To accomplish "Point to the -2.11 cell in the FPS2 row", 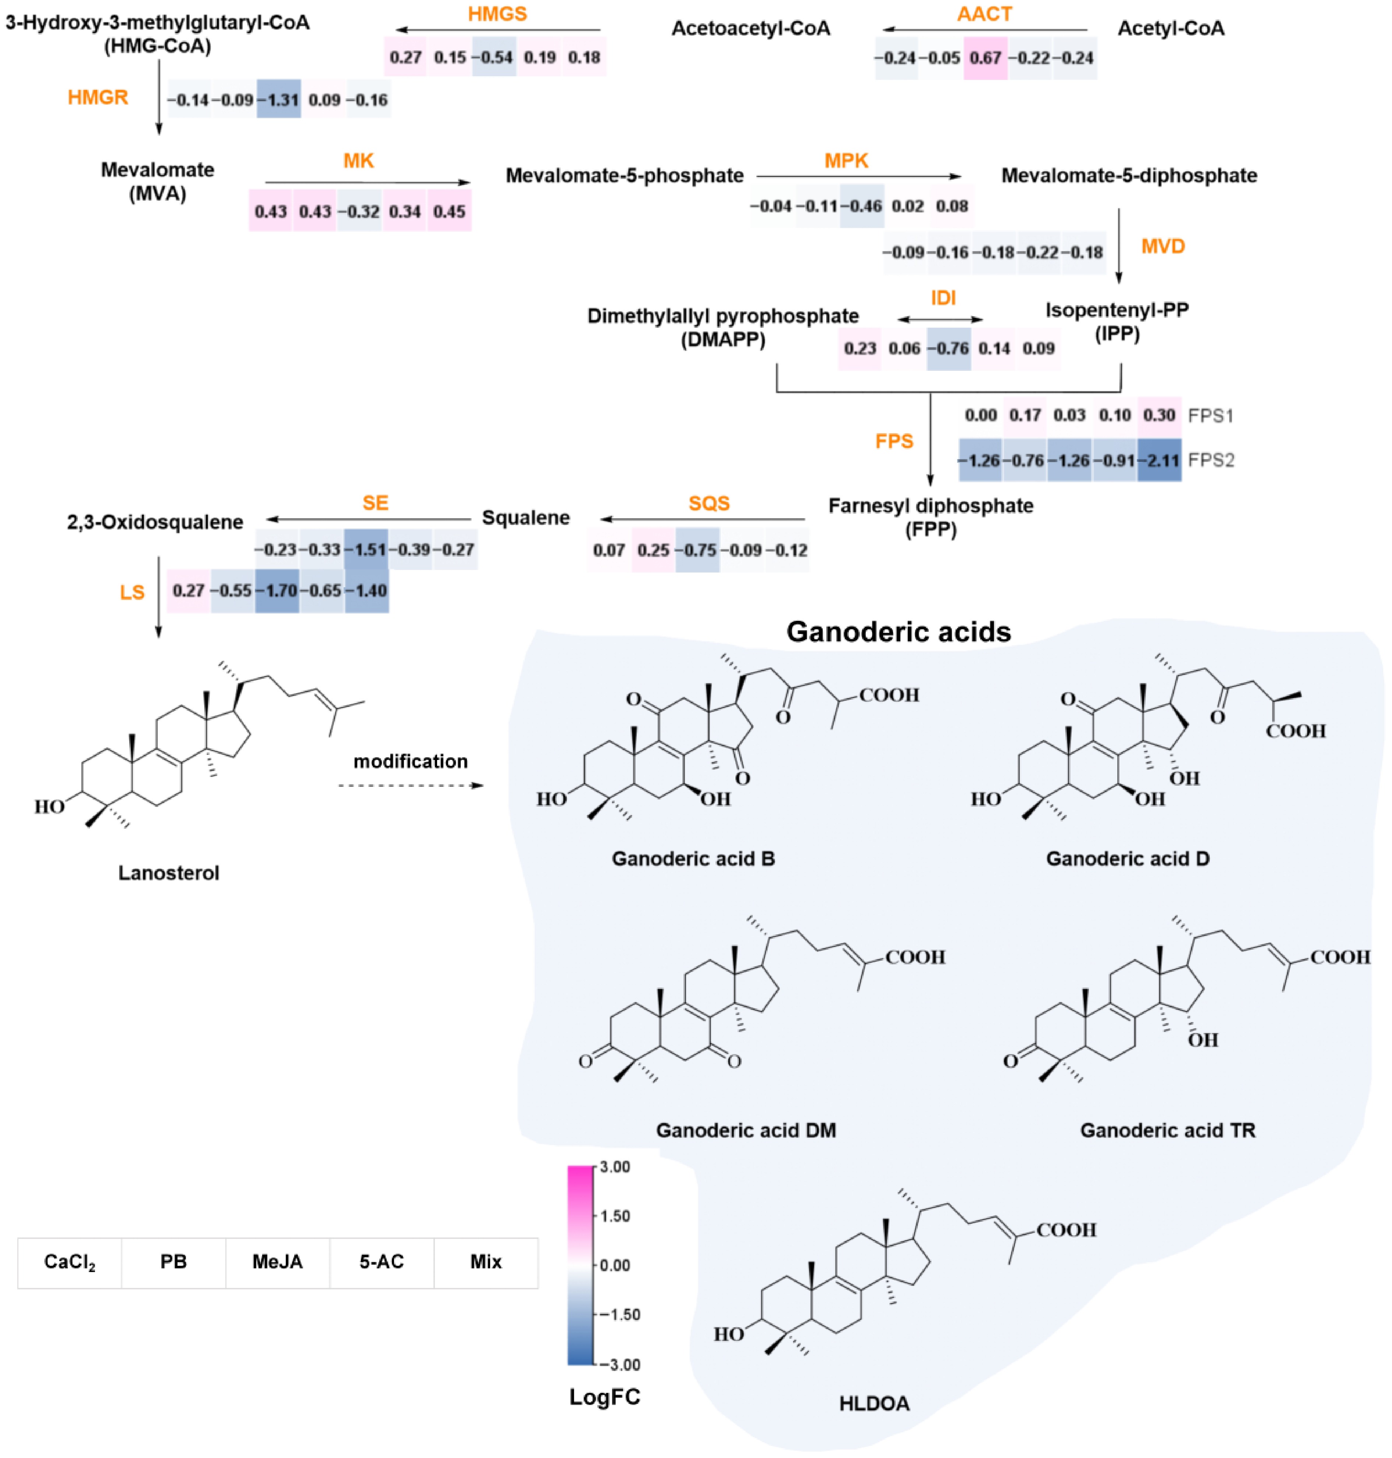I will pos(1159,460).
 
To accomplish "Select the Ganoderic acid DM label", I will pos(746,1130).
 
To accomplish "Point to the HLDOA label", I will pos(874,1403).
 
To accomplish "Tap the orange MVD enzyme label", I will pos(1163,246).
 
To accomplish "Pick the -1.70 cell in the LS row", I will pos(278,591).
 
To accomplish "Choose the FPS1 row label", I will pos(1210,416).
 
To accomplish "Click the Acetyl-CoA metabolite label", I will pos(1171,28).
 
